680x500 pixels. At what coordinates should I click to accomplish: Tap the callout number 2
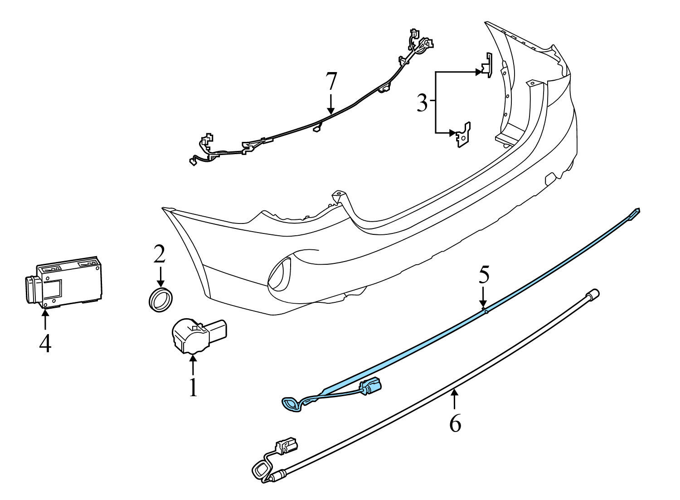[x=159, y=254]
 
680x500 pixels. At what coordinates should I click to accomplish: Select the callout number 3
[x=422, y=103]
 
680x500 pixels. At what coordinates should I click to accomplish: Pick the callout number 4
[x=45, y=343]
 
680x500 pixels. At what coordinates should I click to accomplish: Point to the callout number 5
[x=484, y=276]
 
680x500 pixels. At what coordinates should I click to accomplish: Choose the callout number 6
[x=455, y=423]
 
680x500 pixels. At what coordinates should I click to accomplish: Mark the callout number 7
[x=331, y=82]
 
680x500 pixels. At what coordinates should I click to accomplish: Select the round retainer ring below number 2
[x=160, y=299]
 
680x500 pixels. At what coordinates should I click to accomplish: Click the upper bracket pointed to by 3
[x=486, y=66]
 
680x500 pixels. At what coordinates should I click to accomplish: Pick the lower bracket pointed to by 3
[x=463, y=134]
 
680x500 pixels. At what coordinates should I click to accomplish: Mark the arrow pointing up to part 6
[x=454, y=400]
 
